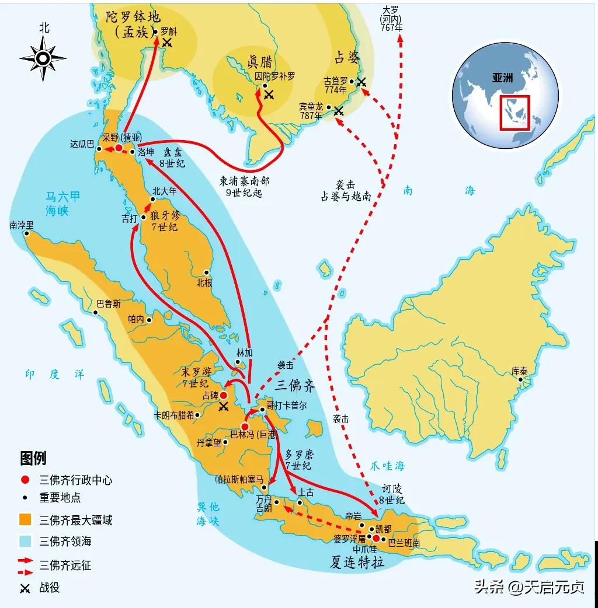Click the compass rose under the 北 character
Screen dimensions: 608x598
(44, 57)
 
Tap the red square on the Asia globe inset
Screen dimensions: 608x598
(514, 112)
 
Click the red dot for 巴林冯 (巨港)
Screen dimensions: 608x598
(245, 427)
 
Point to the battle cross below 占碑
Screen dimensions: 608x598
(223, 407)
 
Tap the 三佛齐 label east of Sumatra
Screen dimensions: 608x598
(295, 385)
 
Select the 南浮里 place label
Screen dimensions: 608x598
(22, 225)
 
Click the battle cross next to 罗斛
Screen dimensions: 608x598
(168, 43)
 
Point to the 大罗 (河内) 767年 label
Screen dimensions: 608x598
(392, 19)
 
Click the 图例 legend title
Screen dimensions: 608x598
(33, 458)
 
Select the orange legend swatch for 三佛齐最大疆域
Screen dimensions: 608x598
(25, 519)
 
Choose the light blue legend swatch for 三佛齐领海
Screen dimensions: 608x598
(25, 541)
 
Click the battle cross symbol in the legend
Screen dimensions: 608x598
(25, 588)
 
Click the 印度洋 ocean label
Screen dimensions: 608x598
(54, 375)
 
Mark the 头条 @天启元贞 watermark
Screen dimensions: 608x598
(529, 586)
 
